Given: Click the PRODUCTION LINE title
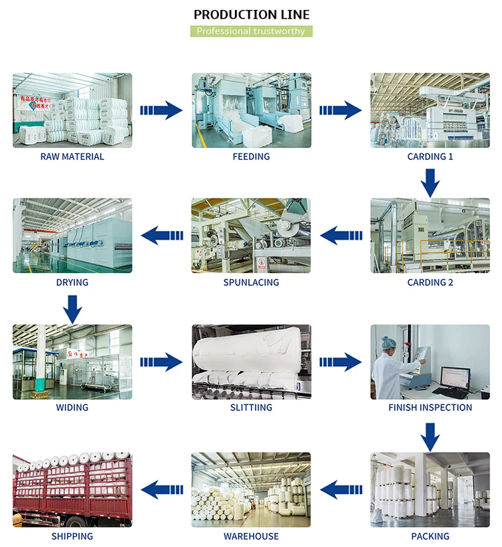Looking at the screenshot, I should pos(251,15).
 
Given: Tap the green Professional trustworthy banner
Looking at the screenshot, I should pos(251,31).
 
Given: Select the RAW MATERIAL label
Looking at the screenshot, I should pos(72,157).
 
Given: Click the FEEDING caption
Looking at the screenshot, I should pos(251,157).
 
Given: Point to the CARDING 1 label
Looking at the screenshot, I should pos(430,157).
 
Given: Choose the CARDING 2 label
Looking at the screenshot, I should pos(430,283).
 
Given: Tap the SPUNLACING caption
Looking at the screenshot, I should pos(251,283).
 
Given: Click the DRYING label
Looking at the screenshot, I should pos(72,283).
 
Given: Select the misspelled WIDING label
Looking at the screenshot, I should pos(72,407).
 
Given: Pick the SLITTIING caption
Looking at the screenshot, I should pos(251,407).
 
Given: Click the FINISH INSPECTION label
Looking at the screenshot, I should pos(430,407).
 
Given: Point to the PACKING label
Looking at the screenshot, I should pos(430,536).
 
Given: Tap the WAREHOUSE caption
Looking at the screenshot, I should pos(251,536).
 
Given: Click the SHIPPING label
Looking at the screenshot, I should pos(72,536).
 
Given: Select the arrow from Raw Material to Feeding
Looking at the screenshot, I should pos(161,110).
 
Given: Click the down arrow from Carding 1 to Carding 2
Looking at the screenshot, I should pos(430,181).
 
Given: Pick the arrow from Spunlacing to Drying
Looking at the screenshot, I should pos(161,235).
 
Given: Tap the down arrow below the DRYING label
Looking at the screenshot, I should pos(73,307).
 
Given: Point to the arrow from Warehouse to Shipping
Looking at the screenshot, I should pos(161,489).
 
